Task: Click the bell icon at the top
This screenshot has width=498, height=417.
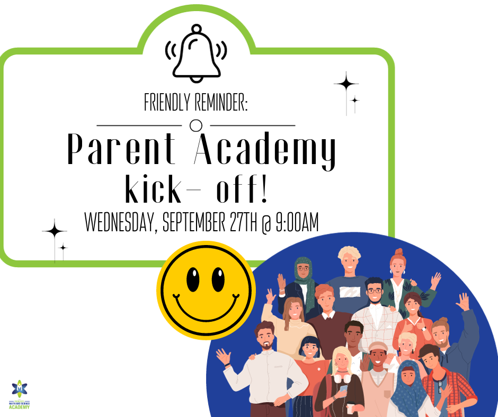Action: point(197,53)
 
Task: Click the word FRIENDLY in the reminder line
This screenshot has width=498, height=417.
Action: point(165,102)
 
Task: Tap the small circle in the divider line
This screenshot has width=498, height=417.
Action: point(195,125)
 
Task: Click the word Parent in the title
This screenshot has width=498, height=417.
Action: point(121,149)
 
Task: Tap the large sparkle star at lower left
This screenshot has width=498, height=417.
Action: point(55,231)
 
